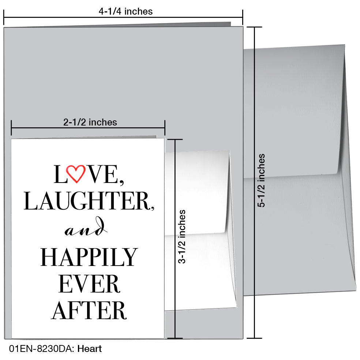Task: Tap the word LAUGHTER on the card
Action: tap(87, 201)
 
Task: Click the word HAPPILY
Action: tap(89, 257)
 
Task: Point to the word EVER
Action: tap(90, 284)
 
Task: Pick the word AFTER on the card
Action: tap(89, 310)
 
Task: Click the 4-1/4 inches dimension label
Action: tap(125, 11)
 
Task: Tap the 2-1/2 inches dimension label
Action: tap(90, 122)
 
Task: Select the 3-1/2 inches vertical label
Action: tap(181, 236)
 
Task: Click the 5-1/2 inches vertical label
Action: tap(261, 180)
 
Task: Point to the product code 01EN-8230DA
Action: tap(41, 349)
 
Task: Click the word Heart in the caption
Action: tap(90, 349)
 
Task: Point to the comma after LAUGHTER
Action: tap(153, 208)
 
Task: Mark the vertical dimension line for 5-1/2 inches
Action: tap(254, 183)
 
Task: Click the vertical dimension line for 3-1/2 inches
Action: tap(175, 239)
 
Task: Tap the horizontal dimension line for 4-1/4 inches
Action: tap(123, 17)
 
